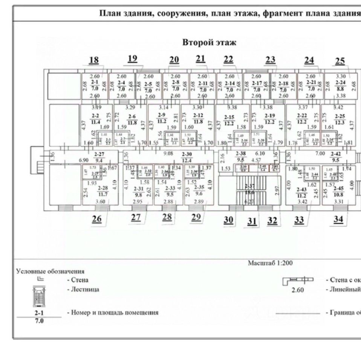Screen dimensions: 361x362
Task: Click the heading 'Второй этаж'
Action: [x=209, y=43]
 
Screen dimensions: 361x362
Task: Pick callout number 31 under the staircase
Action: [x=252, y=221]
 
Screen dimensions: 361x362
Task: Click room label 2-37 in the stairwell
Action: [x=249, y=186]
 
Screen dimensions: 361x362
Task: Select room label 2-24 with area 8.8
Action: [x=340, y=83]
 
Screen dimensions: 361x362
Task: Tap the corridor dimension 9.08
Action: [x=168, y=153]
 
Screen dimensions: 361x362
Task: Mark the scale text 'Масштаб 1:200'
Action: [x=270, y=263]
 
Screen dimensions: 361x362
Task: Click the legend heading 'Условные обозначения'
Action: [x=50, y=271]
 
